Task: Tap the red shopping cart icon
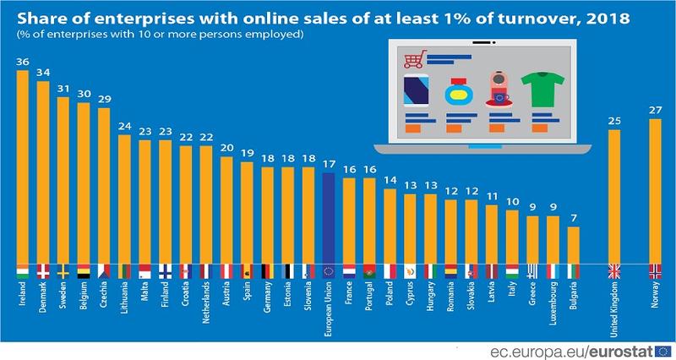(413, 59)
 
